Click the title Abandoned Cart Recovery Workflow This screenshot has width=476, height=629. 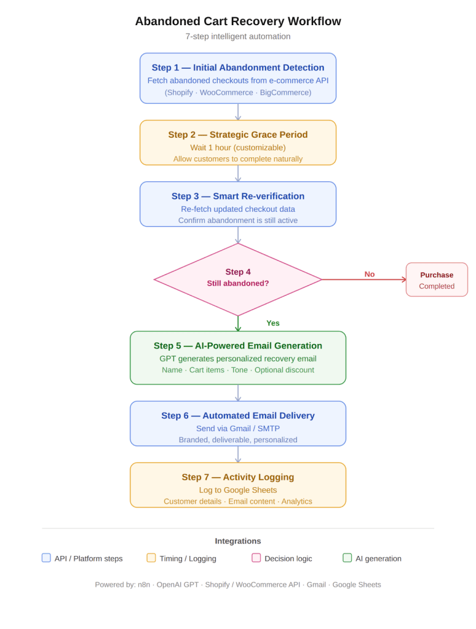tap(237, 21)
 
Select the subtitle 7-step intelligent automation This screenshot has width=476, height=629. tap(237, 36)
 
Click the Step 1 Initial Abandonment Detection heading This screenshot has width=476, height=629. tap(237, 68)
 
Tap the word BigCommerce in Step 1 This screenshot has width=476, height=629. tap(285, 92)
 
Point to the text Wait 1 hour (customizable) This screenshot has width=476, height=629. tap(237, 147)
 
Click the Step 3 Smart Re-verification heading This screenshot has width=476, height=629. tap(237, 196)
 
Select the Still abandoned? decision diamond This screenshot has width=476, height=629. tap(237, 279)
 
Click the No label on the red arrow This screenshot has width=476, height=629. tap(369, 274)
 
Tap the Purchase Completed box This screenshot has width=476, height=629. tap(437, 280)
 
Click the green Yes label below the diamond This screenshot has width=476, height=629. tap(272, 323)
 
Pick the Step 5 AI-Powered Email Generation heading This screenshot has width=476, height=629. tap(237, 346)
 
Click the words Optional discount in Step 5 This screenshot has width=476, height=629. tap(284, 370)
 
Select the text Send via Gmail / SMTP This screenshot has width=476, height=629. tap(237, 428)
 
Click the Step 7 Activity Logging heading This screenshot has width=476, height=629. tap(237, 477)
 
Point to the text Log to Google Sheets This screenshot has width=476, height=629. tap(237, 490)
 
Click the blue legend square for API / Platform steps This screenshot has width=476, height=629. tap(46, 558)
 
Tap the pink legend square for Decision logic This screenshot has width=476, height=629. tap(256, 558)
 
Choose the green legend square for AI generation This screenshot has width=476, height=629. tap(347, 558)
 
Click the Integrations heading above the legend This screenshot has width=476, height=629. tap(237, 541)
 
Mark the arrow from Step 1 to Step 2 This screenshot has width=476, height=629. tap(237, 112)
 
